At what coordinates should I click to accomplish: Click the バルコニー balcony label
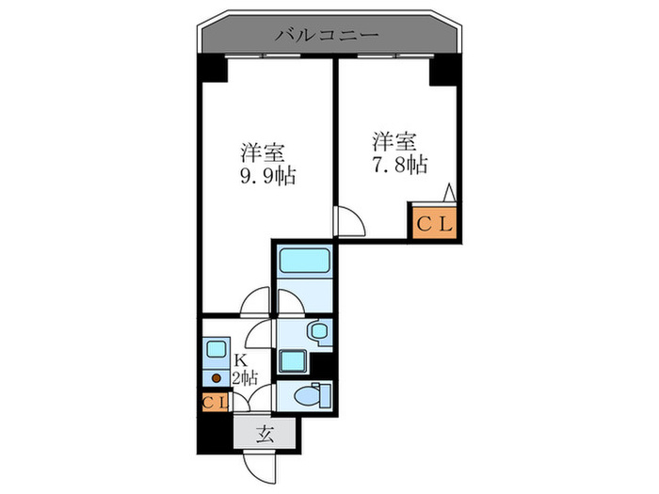tap(327, 37)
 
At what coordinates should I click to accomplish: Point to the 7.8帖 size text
tap(397, 165)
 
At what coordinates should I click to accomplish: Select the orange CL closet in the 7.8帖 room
tap(434, 224)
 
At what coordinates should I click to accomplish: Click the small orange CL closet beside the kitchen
tap(214, 404)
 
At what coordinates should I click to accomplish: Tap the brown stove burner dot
tap(216, 379)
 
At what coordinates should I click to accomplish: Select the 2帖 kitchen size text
tap(246, 378)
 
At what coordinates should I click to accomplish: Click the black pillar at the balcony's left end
tap(212, 68)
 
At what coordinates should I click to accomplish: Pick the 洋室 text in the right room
tap(394, 141)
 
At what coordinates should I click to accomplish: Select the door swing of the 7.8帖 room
tap(351, 223)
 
